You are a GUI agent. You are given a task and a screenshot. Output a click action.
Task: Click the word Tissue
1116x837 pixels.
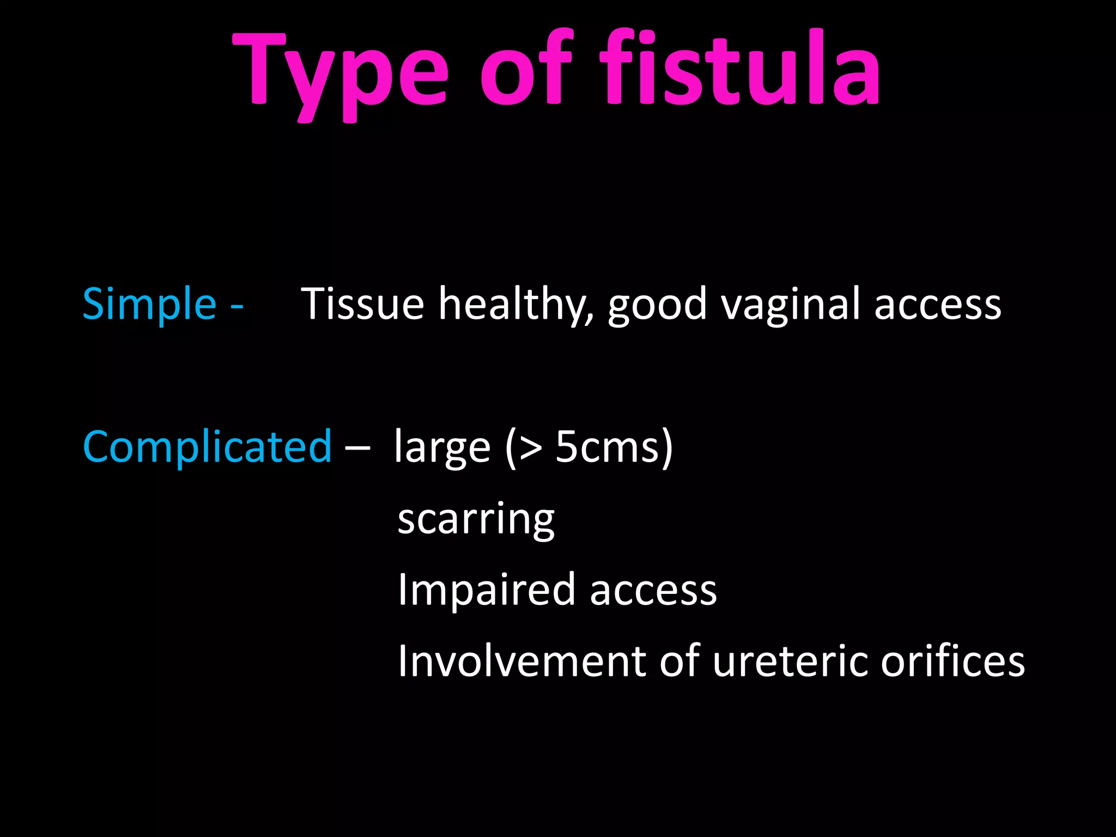[362, 304]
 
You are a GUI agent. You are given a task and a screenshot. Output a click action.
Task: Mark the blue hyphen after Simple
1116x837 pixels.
[236, 307]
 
